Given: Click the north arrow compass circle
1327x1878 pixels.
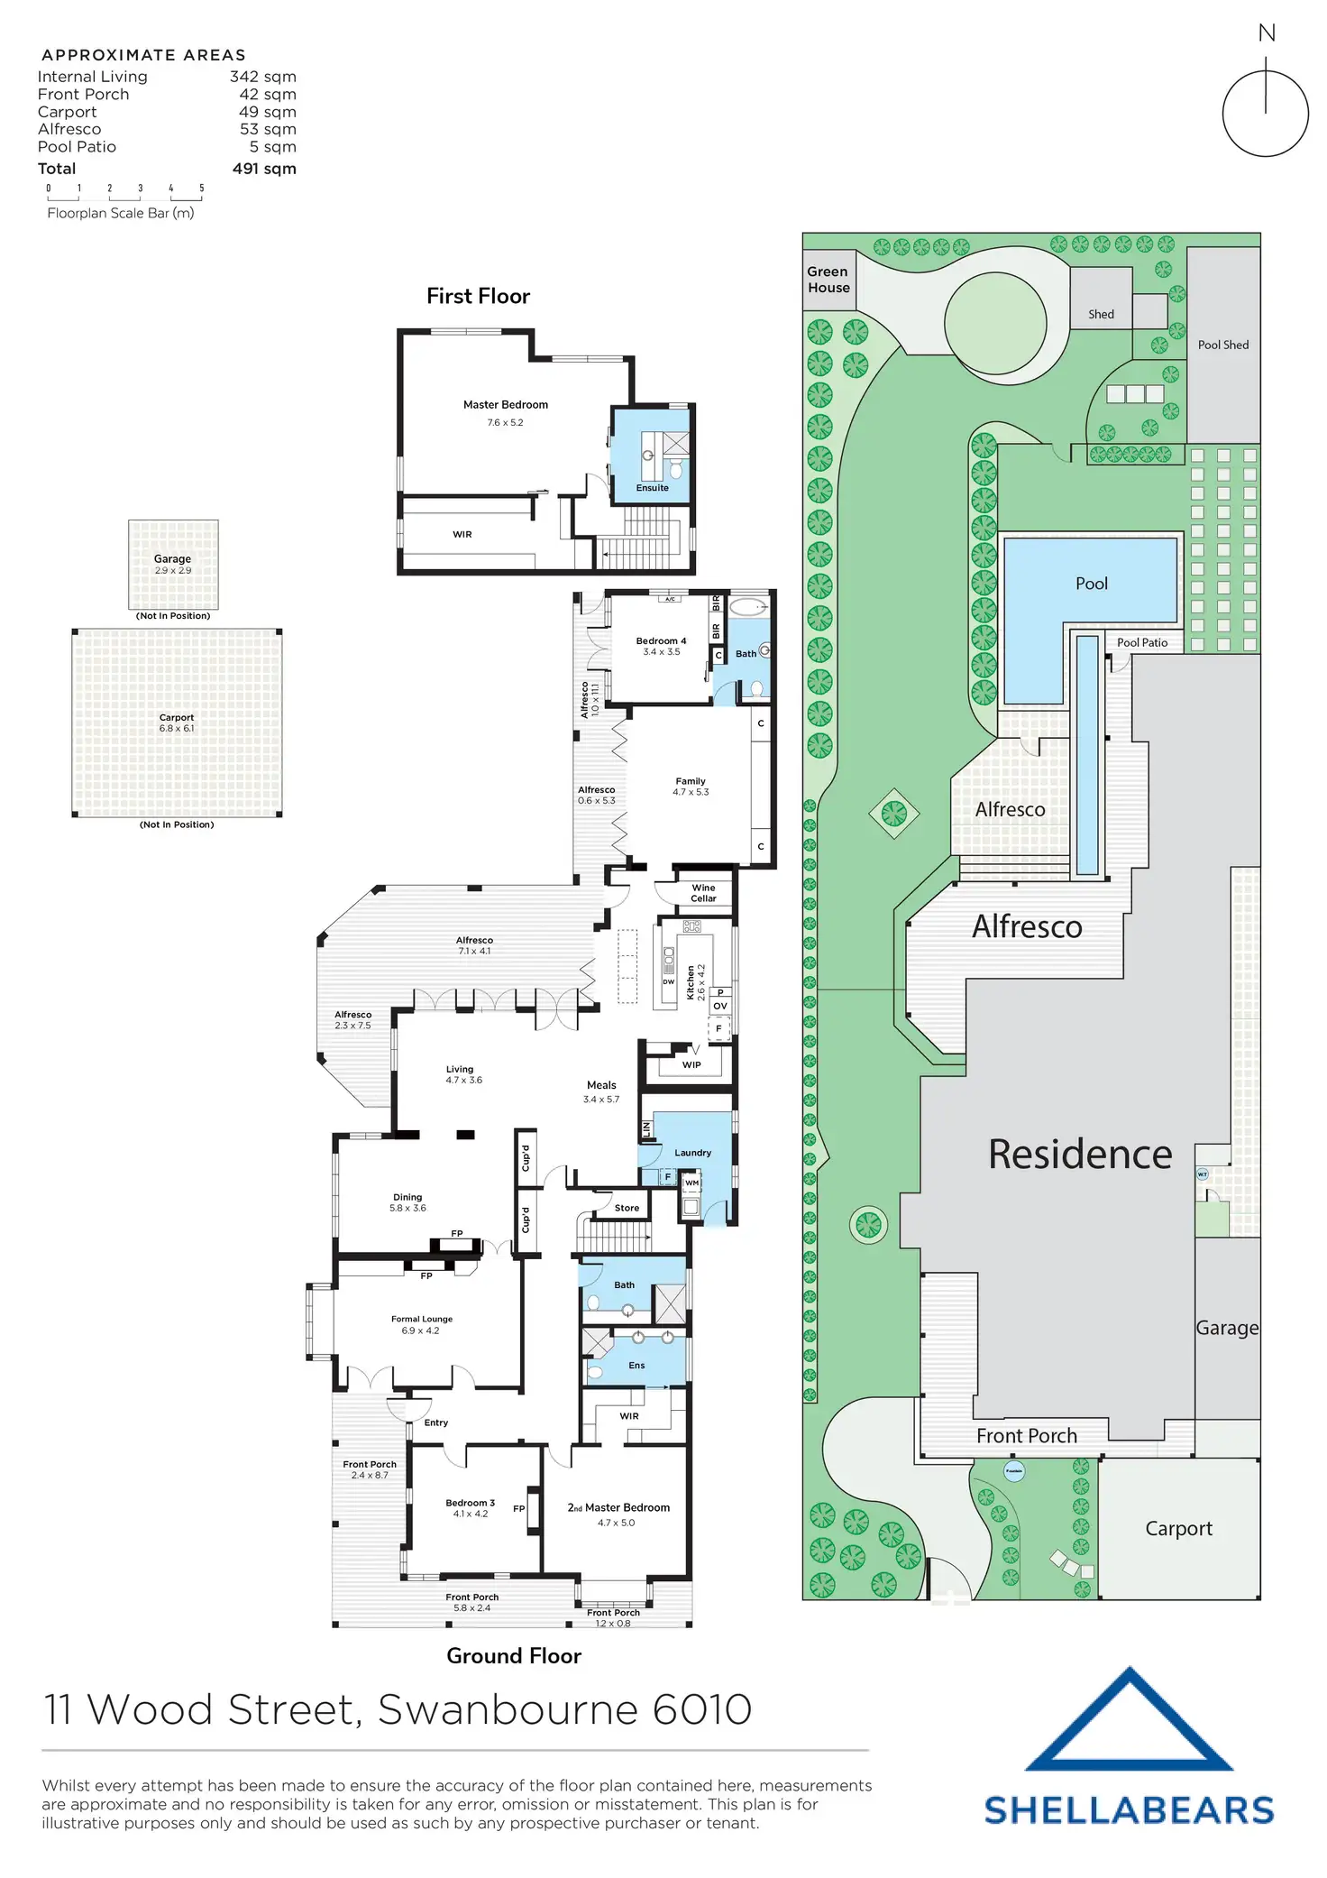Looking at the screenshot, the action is [x=1265, y=115].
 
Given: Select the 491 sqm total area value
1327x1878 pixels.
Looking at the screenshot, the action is [x=264, y=169].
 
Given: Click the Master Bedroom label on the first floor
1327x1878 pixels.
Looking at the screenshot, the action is [x=505, y=405].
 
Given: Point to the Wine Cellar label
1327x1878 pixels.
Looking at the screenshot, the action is [x=703, y=893].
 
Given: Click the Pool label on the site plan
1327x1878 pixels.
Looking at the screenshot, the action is [x=1091, y=584].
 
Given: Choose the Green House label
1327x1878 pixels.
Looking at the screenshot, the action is [x=828, y=280].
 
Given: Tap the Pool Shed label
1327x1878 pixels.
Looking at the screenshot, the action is [x=1222, y=345].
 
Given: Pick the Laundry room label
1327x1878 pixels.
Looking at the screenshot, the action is [x=692, y=1153].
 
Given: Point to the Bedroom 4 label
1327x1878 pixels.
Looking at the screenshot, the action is [x=661, y=641].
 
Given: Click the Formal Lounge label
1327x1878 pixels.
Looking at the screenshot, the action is [x=422, y=1319].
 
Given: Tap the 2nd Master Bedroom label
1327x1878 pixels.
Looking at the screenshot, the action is [x=618, y=1507].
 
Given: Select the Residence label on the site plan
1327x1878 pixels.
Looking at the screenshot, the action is [x=1080, y=1155].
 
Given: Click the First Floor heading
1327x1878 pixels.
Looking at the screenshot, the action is [x=478, y=296].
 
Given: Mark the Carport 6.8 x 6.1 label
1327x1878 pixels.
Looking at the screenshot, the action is [x=177, y=723].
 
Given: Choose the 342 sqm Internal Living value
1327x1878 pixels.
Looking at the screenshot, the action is [x=262, y=78].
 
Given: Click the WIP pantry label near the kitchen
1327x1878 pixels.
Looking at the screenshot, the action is [x=691, y=1064].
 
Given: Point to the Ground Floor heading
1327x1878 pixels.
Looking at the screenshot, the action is [x=514, y=1656].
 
